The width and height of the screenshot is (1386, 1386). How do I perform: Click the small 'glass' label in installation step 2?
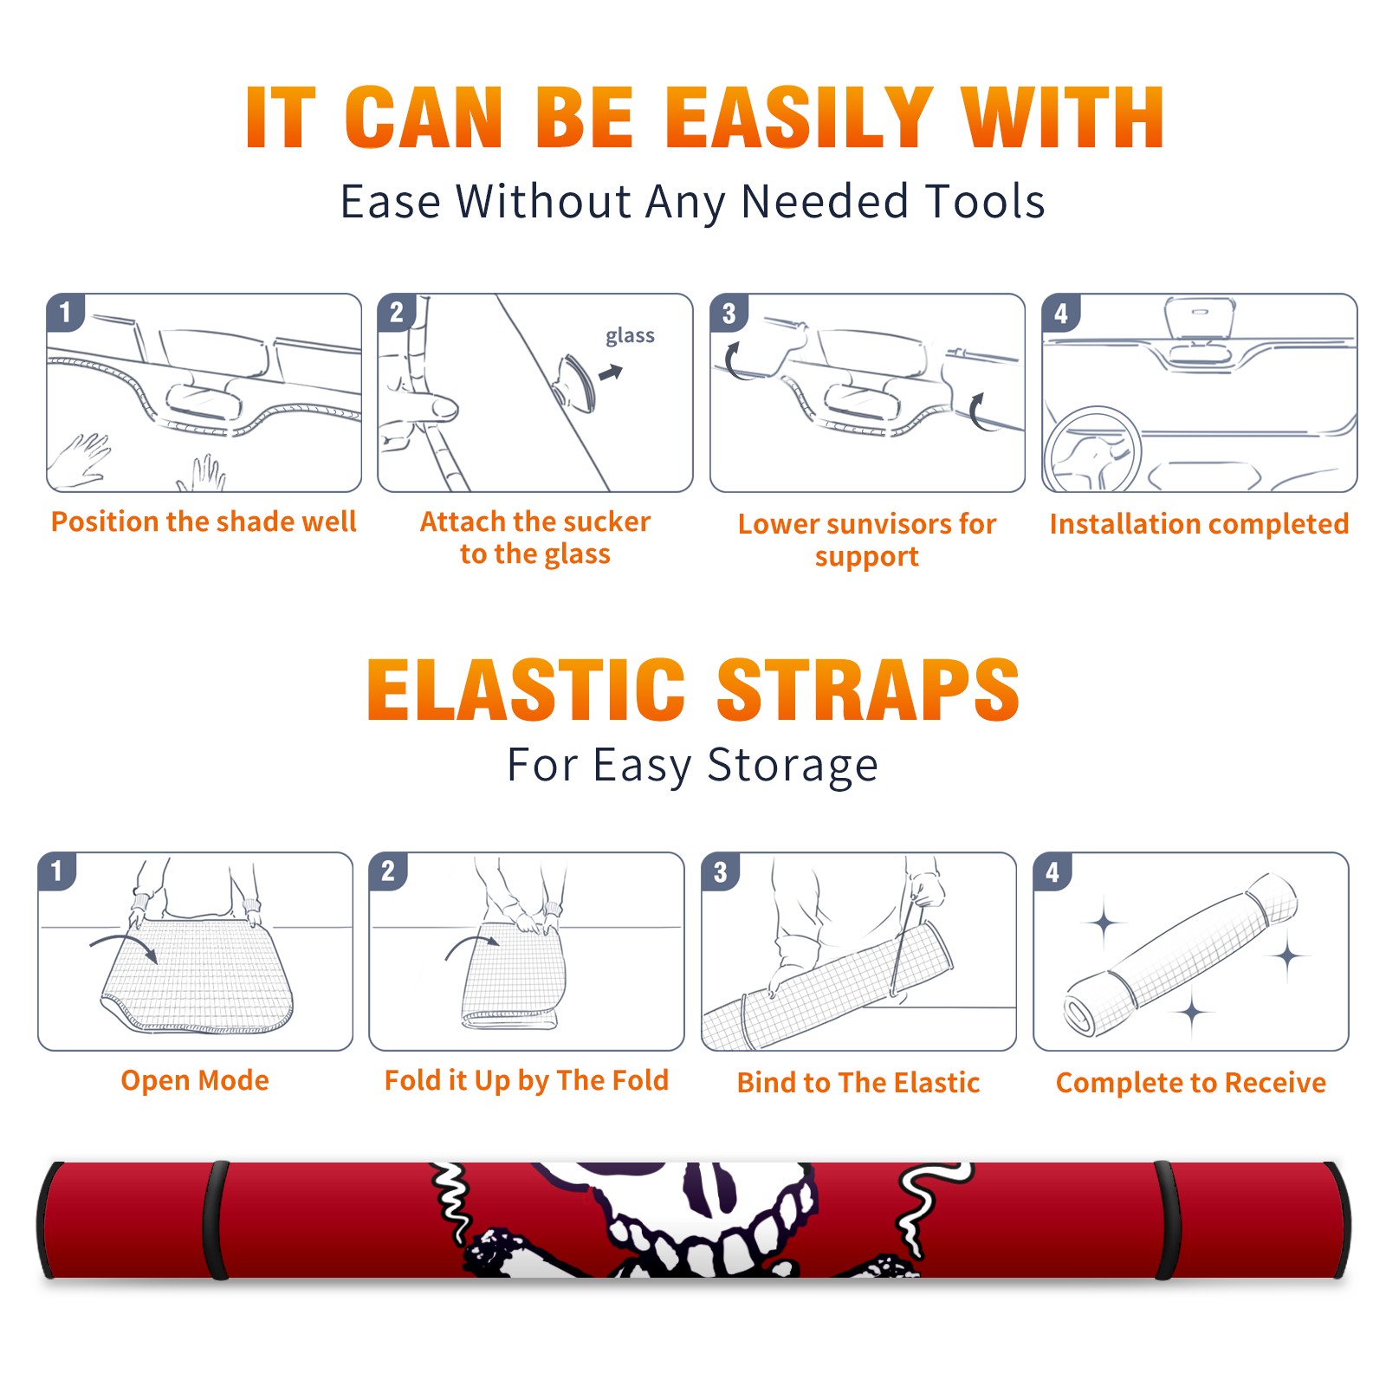(x=630, y=336)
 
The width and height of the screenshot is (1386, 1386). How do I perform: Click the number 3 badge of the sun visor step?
(x=729, y=313)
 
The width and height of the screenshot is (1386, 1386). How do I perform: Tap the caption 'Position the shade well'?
(x=204, y=521)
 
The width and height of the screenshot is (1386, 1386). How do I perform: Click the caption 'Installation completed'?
(x=1199, y=523)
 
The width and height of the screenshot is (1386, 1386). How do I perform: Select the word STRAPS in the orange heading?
(x=868, y=690)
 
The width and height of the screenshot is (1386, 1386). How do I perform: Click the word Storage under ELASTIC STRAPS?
(x=793, y=766)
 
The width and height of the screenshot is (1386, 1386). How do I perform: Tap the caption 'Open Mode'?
(x=195, y=1080)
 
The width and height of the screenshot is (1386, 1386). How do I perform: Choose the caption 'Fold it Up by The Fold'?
(x=527, y=1080)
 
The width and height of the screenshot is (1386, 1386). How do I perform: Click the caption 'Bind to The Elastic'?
(x=858, y=1082)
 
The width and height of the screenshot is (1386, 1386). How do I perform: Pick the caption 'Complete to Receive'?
(x=1191, y=1082)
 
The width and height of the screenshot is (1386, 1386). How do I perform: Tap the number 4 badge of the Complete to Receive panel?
(x=1052, y=871)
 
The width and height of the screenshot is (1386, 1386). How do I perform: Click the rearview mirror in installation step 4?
(x=1200, y=319)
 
